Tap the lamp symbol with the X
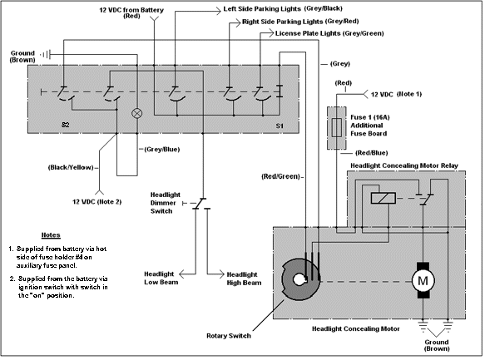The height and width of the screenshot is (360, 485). coord(137,113)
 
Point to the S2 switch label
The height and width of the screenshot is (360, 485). coord(65,125)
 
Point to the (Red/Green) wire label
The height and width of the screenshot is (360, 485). coord(281,177)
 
